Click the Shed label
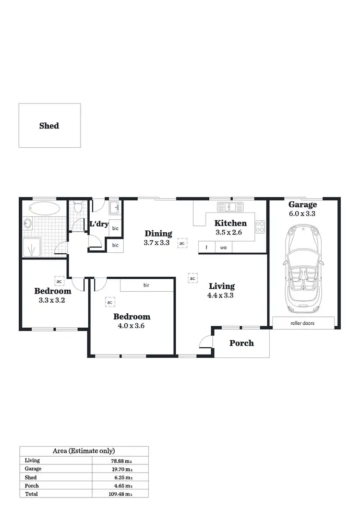[49, 126]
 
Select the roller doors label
[302, 323]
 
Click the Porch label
[241, 343]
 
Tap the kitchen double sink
[230, 207]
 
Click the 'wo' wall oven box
[223, 248]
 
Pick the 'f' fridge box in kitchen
[206, 248]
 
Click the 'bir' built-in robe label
[146, 285]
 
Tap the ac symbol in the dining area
[182, 243]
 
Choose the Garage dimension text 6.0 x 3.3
[302, 214]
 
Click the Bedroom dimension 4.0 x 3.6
[132, 325]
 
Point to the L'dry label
[99, 224]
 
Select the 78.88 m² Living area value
[120, 461]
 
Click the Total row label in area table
[31, 494]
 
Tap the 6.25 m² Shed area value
[122, 478]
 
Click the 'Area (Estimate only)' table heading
[84, 450]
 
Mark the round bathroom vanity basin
[27, 224]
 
